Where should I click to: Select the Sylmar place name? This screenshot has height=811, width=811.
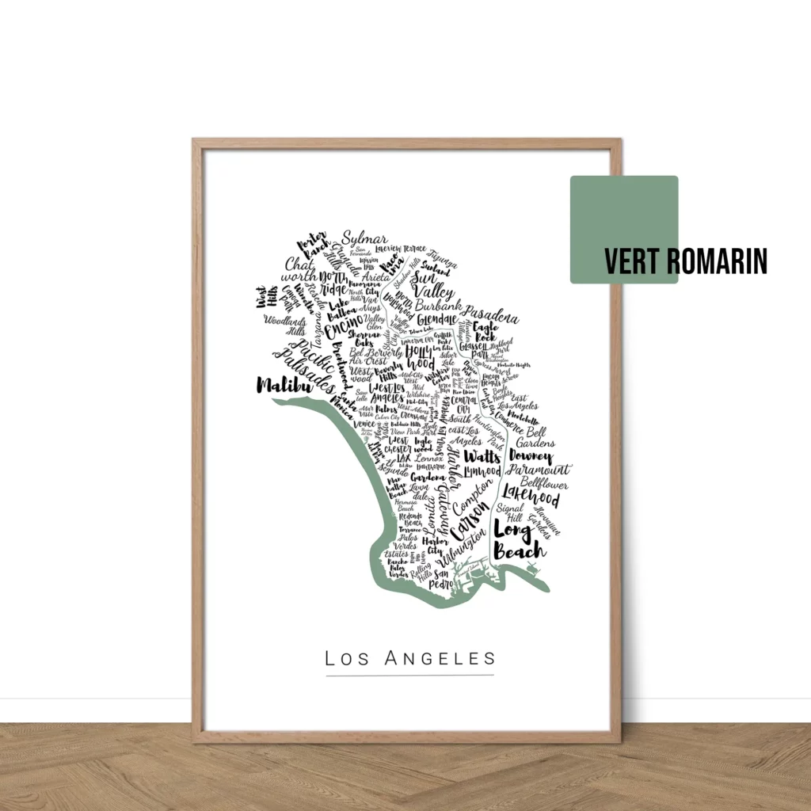coord(364,239)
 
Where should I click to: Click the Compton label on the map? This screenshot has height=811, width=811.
coord(472,498)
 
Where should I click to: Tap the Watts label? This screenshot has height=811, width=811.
coord(482,456)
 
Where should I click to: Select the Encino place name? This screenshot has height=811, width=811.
coord(343,327)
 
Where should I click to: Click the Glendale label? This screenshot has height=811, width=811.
coord(436,318)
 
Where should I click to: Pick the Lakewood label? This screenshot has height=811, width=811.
coord(531,497)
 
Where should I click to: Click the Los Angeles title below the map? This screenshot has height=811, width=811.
coord(410,658)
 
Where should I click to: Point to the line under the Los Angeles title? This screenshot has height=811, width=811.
coord(409,676)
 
